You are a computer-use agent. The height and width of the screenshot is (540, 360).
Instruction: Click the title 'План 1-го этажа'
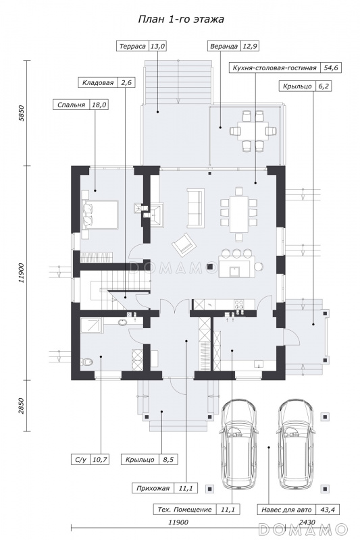(x=181, y=20)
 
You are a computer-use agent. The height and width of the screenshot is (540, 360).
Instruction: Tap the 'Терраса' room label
(x=132, y=46)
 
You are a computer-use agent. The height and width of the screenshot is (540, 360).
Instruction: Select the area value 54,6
(x=331, y=67)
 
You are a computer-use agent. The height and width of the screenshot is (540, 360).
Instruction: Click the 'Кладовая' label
(x=98, y=82)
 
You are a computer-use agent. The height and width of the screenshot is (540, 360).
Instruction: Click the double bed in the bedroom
(x=99, y=214)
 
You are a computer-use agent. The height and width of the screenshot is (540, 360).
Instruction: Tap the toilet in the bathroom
(x=87, y=362)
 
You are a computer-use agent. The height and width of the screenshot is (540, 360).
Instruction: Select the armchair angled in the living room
(x=183, y=244)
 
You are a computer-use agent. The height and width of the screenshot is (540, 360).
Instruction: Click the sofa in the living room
(x=195, y=208)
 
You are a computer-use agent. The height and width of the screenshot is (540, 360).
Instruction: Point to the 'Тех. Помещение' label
(x=184, y=510)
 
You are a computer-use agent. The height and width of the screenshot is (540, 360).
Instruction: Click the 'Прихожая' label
(x=153, y=488)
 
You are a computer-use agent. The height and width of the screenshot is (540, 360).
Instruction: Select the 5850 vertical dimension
(x=22, y=113)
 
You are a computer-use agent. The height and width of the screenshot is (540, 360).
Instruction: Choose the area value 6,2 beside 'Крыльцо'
(x=323, y=86)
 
